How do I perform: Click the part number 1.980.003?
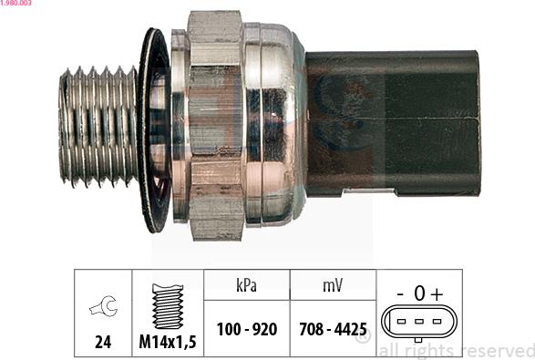click(18, 5)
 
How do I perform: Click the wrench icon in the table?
click(102, 309)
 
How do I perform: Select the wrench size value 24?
click(102, 345)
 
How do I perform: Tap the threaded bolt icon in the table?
click(168, 305)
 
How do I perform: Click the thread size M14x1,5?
click(168, 345)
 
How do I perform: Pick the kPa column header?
click(246, 285)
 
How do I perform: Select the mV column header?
click(333, 285)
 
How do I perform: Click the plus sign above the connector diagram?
click(437, 293)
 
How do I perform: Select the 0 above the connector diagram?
click(418, 293)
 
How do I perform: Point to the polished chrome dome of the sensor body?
click(273, 123)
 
